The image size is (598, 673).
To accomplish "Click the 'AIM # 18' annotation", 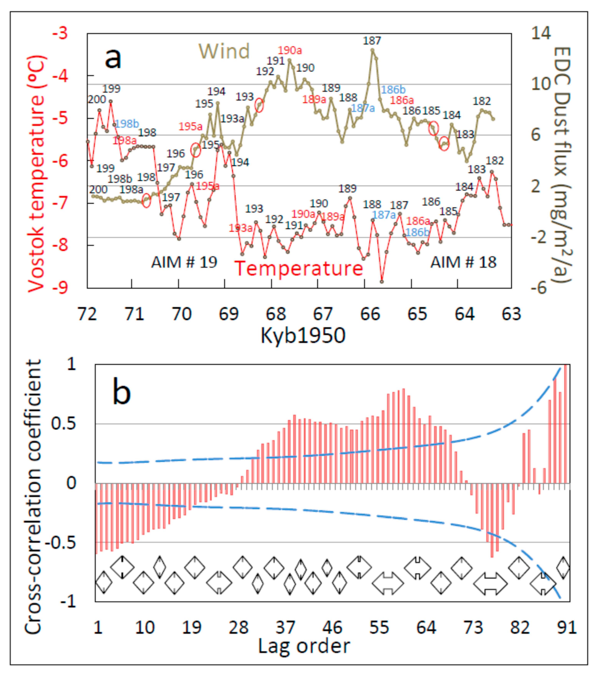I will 463,262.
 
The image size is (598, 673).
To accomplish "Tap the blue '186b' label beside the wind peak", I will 393,90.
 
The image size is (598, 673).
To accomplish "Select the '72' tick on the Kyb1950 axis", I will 87,314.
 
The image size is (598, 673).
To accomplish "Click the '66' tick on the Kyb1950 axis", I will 370,314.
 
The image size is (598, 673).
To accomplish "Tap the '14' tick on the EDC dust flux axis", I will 541,33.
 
